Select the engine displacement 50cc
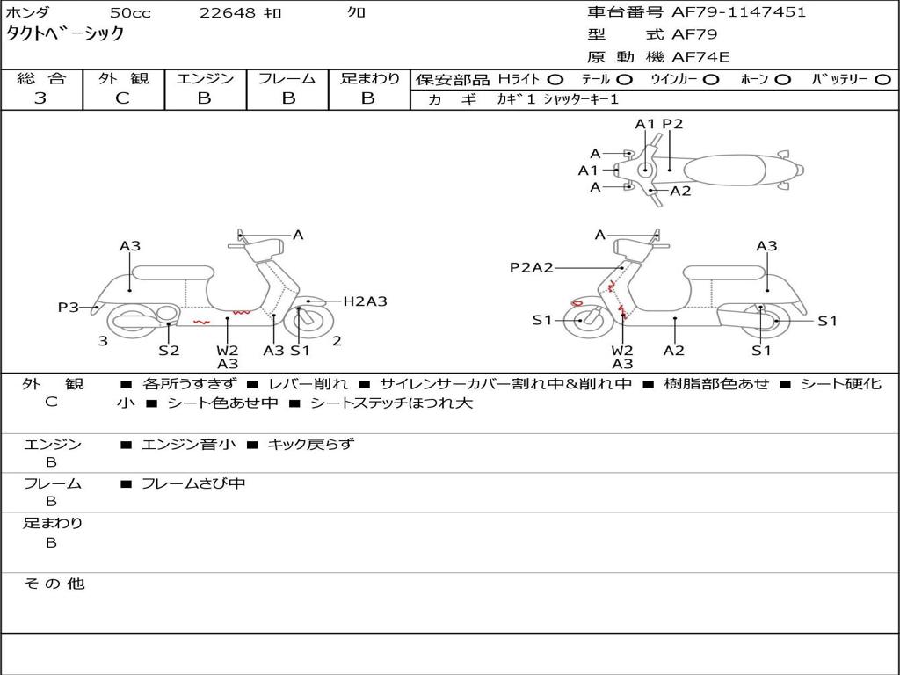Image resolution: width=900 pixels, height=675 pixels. click(130, 12)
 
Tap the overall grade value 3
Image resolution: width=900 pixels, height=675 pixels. click(40, 98)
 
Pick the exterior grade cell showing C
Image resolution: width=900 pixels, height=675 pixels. click(122, 98)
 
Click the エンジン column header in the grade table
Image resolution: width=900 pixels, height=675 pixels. click(205, 79)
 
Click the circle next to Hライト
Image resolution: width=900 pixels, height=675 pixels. click(555, 80)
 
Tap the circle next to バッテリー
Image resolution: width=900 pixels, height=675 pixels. click(883, 80)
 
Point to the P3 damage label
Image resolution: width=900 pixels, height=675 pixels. click(68, 308)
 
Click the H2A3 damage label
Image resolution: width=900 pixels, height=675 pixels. click(365, 301)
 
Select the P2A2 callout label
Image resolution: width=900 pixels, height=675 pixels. click(531, 267)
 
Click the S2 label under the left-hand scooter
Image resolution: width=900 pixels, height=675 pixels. click(169, 350)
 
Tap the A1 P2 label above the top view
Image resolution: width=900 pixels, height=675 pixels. click(658, 124)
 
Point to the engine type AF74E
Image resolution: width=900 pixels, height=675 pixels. click(700, 57)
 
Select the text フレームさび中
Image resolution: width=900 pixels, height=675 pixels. click(193, 483)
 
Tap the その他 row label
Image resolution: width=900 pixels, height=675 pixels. click(54, 584)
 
